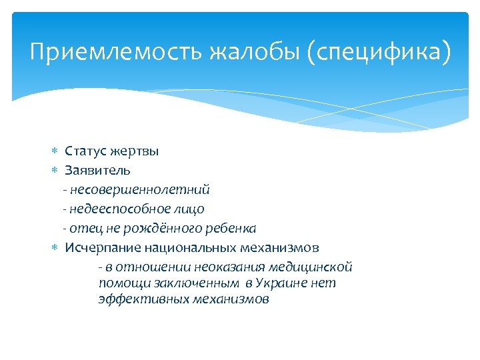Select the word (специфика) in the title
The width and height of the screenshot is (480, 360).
coord(379,52)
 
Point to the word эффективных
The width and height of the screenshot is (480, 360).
coord(139,299)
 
